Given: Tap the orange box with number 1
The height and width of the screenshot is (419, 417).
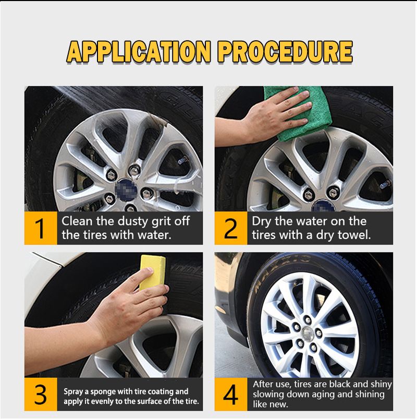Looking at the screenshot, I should pos(41,228).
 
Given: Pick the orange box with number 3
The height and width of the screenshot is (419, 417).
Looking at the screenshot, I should pos(41,395).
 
